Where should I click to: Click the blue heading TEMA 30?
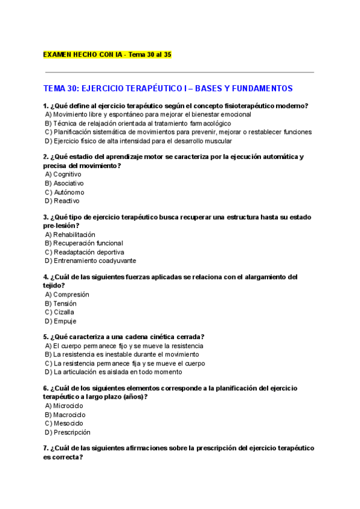pos(167,88)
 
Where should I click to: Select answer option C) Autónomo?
pos(64,192)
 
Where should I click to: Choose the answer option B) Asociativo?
pos(64,183)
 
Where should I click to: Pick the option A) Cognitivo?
pos(63,174)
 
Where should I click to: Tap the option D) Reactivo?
pos(62,201)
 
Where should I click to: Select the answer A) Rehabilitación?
pos(70,235)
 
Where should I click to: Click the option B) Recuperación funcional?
pos(83,243)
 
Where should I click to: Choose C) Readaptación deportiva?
pos(84,252)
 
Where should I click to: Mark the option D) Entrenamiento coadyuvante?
pos(90,261)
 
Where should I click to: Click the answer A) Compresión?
pos(67,295)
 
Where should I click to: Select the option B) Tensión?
pos(61,304)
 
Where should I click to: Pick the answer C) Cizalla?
pos(59,312)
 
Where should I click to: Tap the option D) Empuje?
pos(61,321)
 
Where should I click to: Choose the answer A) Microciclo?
pos(64,406)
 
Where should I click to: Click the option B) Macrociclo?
pos(65,415)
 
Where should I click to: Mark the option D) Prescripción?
pos(67,432)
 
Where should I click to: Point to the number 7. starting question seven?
pos(46,448)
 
